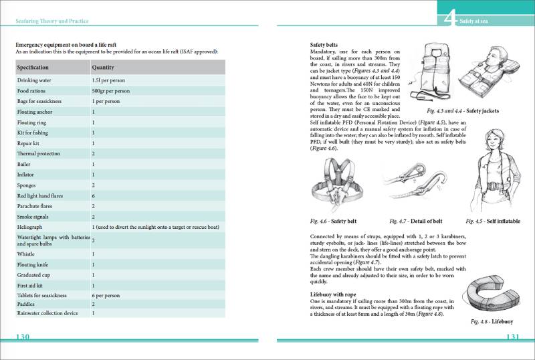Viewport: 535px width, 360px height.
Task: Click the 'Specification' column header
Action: tap(33, 68)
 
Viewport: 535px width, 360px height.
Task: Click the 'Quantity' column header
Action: tap(103, 68)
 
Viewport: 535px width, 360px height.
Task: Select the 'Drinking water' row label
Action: tap(35, 80)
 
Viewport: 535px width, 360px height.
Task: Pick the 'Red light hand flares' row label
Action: tap(41, 196)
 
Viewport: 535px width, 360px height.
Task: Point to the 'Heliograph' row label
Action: tap(30, 228)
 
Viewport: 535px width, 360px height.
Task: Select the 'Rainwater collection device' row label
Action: tap(47, 312)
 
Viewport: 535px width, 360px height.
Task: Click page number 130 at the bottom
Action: tap(23, 337)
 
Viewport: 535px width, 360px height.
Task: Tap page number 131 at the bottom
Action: tap(513, 337)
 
